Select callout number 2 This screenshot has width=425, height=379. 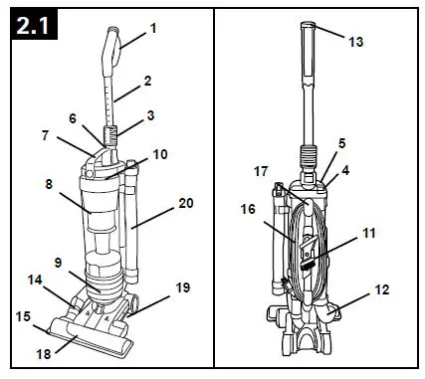pyautogui.click(x=147, y=79)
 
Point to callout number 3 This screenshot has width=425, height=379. pyautogui.click(x=150, y=116)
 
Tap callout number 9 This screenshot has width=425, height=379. pyautogui.click(x=59, y=263)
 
